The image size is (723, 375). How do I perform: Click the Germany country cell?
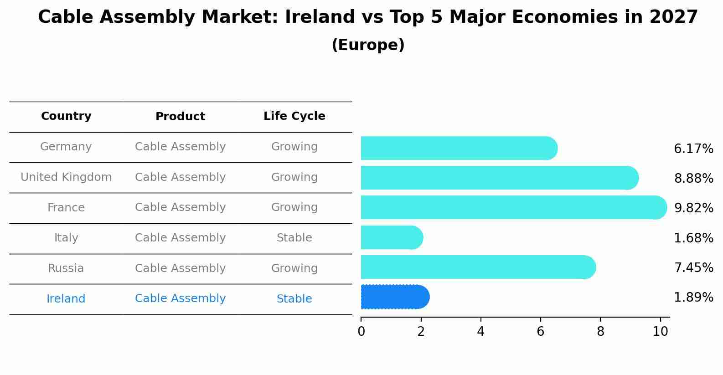coord(66,147)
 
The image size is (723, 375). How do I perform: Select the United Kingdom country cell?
coord(66,177)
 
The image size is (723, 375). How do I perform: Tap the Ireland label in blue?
coord(66,299)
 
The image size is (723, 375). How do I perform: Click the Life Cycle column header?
coord(294,116)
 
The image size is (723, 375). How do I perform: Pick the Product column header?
coord(180,117)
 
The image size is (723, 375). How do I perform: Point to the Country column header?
coord(66,116)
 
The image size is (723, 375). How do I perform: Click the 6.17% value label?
coord(693,149)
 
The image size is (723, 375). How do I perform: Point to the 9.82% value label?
coord(693,208)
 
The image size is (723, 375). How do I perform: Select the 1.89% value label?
coord(693,298)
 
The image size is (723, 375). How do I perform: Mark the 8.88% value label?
coord(693,179)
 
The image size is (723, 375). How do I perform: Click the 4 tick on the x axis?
coord(480,332)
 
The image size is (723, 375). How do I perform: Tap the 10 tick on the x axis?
coord(660,332)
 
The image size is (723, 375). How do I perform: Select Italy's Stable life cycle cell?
coord(294,238)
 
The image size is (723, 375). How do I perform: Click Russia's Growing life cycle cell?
coord(294,268)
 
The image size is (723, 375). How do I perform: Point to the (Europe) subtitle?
coord(368,45)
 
